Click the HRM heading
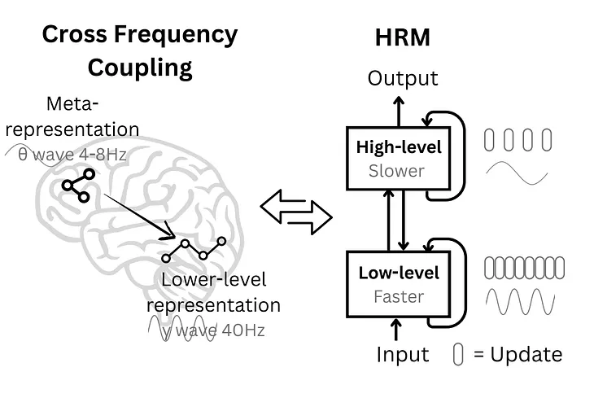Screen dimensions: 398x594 point(402,37)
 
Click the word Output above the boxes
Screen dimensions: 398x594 point(403,78)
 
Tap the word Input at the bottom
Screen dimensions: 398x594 point(402,355)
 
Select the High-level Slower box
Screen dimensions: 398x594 point(399,159)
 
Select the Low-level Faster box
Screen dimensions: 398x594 point(399,284)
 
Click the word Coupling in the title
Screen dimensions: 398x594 point(140,68)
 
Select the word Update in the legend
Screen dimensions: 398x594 point(528,355)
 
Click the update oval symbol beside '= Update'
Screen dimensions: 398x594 point(458,355)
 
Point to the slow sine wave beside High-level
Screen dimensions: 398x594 point(518,175)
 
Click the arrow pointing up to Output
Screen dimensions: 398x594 point(398,107)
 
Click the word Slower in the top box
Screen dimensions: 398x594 point(396,171)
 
